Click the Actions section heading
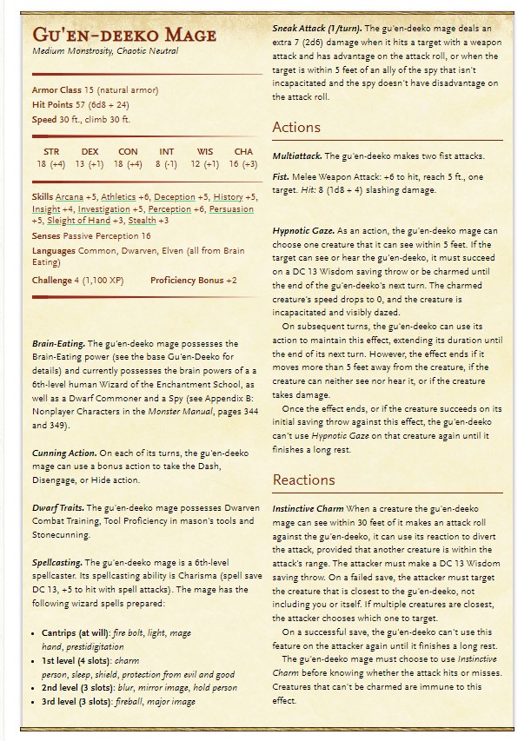click(296, 127)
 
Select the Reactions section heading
click(303, 480)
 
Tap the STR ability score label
click(51, 151)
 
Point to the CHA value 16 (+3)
click(243, 163)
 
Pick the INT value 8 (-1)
click(167, 163)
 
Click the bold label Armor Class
click(57, 89)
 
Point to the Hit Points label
click(53, 104)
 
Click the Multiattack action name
click(297, 156)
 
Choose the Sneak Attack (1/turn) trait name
click(317, 30)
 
